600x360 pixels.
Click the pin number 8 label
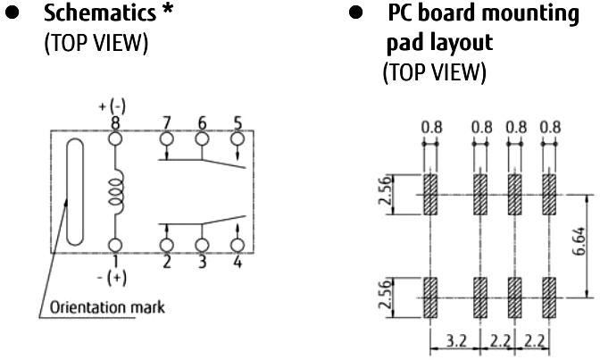pos(114,122)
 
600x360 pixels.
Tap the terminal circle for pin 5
pos(237,138)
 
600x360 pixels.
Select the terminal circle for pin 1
pos(114,244)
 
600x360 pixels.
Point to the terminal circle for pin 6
pos(202,138)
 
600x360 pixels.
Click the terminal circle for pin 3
pos(202,244)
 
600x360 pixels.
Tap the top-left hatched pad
pos(430,195)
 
